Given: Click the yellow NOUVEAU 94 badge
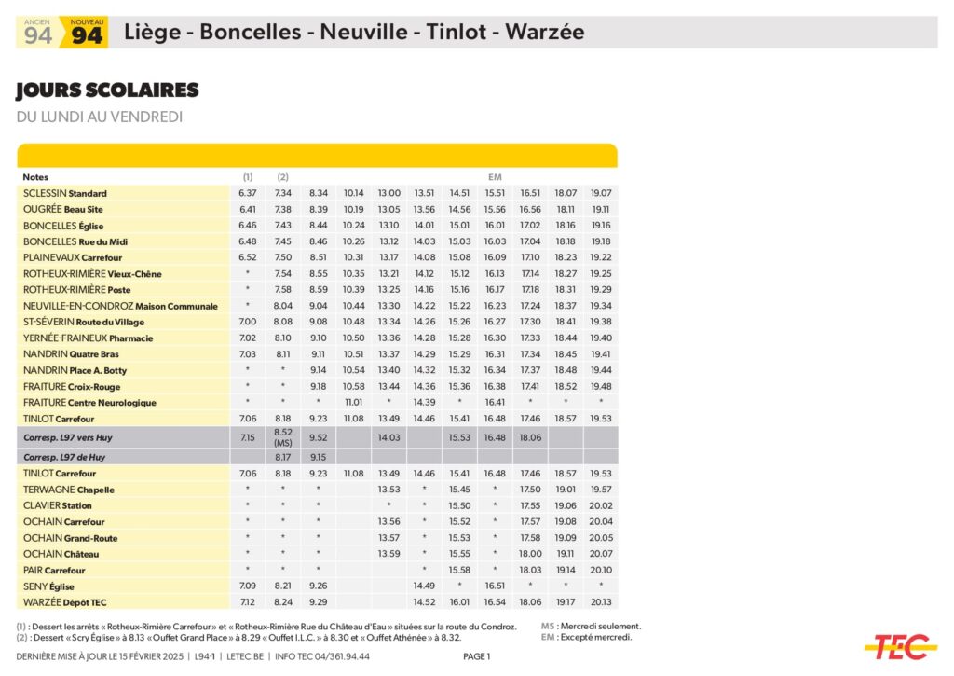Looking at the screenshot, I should point(87,33).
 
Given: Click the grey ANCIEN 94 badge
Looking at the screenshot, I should point(38,33).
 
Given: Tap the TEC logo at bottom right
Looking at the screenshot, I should point(899,645).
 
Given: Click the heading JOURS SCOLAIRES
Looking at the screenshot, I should point(107,90).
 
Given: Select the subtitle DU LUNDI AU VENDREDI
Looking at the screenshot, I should point(99,117).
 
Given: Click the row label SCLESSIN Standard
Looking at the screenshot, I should point(65,193).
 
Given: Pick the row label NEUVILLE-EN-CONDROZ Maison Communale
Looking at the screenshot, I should point(120,306).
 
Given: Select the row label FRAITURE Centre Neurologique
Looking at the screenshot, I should point(89,403).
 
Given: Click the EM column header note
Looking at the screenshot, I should point(495,177).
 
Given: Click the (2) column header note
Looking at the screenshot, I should point(283,177).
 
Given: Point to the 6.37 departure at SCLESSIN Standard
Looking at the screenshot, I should point(247,193).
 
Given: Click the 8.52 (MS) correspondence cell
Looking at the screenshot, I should point(283,437).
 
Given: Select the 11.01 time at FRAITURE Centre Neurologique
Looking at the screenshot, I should point(353,403).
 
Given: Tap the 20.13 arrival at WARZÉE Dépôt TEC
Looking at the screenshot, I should point(601,601).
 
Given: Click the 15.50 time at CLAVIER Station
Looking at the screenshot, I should point(459,505).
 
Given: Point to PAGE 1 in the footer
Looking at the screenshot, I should point(476,656).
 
